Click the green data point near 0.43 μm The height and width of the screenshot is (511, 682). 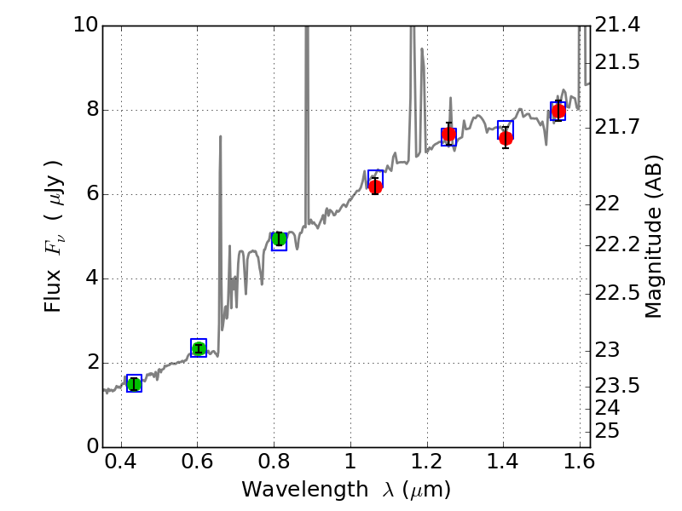134,384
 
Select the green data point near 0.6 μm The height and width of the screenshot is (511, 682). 199,347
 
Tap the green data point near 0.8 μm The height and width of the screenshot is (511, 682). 279,238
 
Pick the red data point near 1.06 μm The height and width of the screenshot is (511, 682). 375,187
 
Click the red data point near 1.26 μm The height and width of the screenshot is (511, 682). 449,135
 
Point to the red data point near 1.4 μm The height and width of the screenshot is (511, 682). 506,137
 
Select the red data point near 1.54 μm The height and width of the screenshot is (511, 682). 558,112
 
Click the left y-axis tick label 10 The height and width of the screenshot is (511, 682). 82,26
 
